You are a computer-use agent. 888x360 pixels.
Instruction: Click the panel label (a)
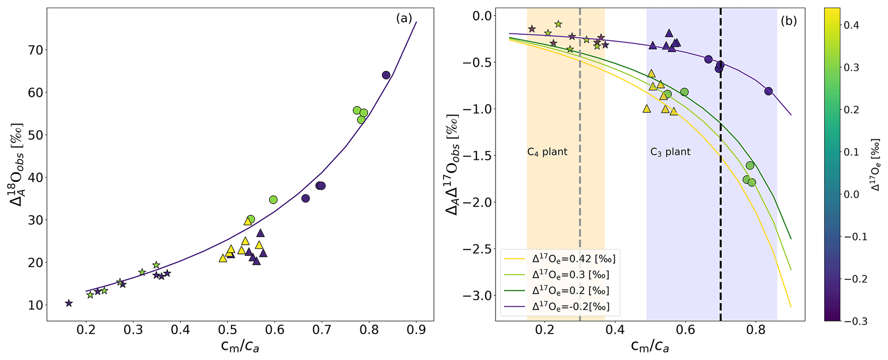coord(404,18)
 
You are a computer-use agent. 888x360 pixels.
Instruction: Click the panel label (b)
coord(788,21)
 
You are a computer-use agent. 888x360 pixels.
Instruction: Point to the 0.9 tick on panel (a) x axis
coord(416,330)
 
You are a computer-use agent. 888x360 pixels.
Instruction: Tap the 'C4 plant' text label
coord(547,152)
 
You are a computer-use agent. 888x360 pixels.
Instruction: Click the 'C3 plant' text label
coord(670,152)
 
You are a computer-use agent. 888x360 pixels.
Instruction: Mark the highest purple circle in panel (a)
coord(386,75)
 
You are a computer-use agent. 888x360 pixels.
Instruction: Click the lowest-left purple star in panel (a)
coord(69,303)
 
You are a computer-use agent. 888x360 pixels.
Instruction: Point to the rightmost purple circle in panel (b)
coord(769,91)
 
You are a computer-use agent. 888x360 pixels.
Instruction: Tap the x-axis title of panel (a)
coord(239,346)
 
